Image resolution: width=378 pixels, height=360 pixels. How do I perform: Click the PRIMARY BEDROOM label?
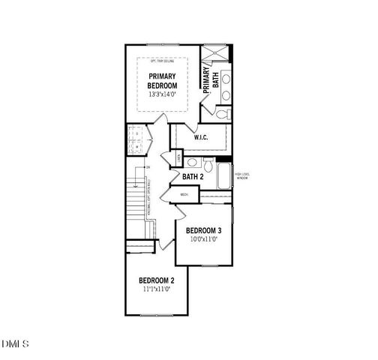point(163,81)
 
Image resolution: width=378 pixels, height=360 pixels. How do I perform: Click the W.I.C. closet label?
point(201,138)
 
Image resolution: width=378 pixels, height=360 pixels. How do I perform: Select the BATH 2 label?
point(193,177)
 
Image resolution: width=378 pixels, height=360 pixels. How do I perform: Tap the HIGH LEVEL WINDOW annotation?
point(241,175)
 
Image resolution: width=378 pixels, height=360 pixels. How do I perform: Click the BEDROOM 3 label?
point(204,229)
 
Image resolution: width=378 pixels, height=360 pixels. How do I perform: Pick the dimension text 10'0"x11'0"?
point(203,239)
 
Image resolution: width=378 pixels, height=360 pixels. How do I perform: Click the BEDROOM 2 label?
point(157,280)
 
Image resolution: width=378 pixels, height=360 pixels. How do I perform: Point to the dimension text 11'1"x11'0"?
point(157,289)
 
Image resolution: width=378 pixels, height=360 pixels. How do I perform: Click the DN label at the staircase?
point(148,166)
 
